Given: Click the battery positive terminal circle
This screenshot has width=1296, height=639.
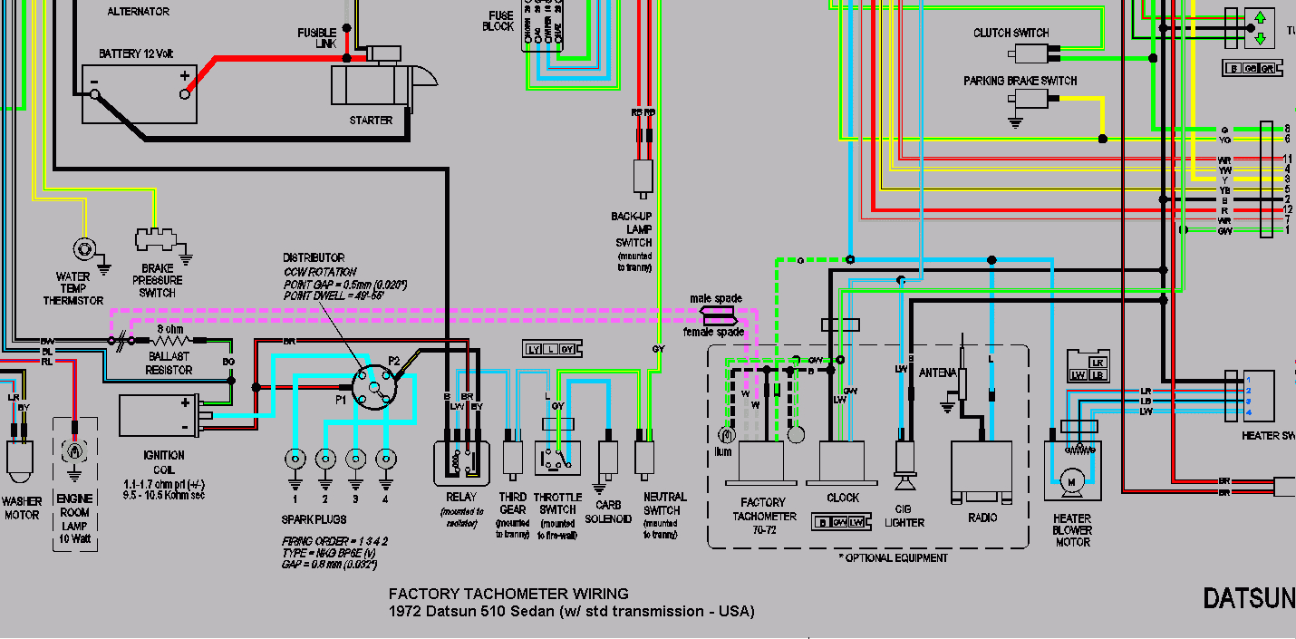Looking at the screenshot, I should pos(185,92).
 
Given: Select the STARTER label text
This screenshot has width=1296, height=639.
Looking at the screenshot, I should pos(371,121).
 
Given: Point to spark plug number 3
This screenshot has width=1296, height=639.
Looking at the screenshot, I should pos(355,459).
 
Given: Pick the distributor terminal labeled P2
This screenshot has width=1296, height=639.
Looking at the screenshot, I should pos(394,361).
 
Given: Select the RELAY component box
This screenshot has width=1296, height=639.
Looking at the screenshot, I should pos(460,460).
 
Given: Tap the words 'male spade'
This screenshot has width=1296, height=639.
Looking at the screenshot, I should pos(716,298).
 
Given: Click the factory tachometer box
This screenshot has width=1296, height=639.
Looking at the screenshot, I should pos(760,463).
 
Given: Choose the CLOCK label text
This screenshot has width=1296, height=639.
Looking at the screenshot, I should pos(843,498).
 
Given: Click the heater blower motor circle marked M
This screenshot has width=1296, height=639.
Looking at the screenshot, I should pos(1070,479).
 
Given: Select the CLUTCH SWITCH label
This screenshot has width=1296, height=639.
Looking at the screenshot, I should pos(1011,34).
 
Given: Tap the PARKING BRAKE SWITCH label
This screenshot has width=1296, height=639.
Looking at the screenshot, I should pos(1020,81).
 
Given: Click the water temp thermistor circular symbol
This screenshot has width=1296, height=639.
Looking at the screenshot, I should pos(84,247).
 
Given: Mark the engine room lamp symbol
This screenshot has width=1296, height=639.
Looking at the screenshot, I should pos(73,450).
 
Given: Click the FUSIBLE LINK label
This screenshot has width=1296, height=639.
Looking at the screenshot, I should pos(316,38).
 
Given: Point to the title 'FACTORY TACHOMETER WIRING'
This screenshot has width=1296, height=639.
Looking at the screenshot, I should pos(508,595).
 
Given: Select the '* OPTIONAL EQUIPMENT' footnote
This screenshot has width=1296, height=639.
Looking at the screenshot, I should pos(893,557).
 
